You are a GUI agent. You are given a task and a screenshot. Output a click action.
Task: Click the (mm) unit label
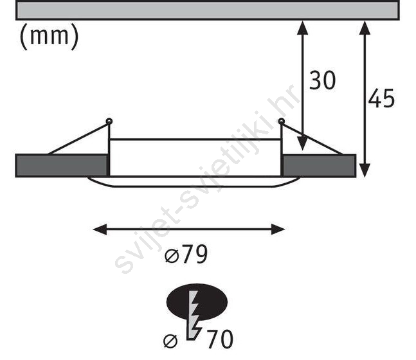(50, 37)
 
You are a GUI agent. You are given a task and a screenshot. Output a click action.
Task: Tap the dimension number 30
(322, 80)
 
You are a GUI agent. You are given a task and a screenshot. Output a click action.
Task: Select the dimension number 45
(381, 98)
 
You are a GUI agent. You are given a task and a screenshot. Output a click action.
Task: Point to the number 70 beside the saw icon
(220, 339)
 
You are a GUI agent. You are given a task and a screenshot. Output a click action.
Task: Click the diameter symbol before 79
(171, 256)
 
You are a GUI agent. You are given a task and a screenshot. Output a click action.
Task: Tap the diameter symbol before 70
(170, 341)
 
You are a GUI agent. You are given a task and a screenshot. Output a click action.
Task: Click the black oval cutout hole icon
(197, 302)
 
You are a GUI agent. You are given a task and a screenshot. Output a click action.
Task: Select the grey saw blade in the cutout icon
(194, 315)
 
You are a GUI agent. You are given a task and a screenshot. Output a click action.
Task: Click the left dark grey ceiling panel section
(62, 166)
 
